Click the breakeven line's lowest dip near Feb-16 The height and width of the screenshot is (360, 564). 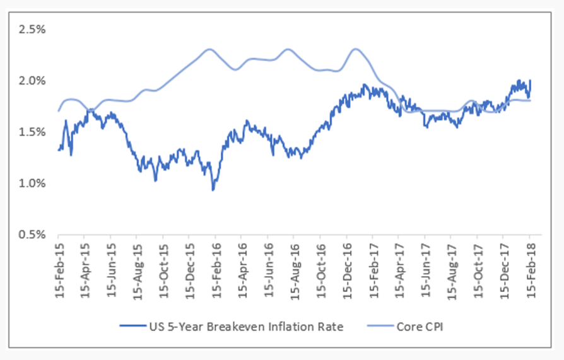tap(213, 190)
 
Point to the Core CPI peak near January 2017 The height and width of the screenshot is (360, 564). tap(356, 49)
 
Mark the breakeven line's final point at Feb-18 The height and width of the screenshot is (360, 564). tap(530, 81)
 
